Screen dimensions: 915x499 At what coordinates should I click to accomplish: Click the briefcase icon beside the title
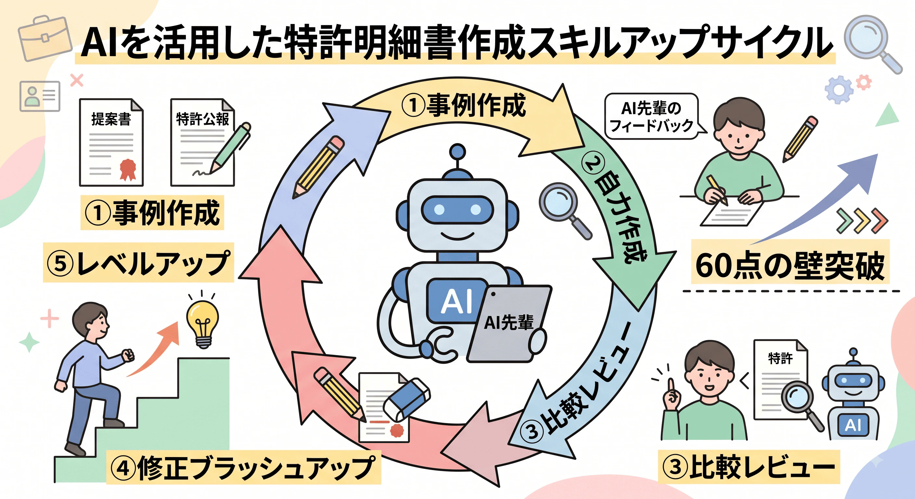pyautogui.click(x=45, y=38)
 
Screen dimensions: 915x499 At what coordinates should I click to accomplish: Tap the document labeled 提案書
pyautogui.click(x=111, y=142)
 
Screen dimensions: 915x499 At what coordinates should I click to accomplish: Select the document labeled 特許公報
pyautogui.click(x=202, y=142)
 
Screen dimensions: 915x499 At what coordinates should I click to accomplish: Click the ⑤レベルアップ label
pyautogui.click(x=138, y=263)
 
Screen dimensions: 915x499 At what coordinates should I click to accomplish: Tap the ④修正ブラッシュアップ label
pyautogui.click(x=244, y=467)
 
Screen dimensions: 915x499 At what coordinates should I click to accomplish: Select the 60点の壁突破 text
pyautogui.click(x=790, y=265)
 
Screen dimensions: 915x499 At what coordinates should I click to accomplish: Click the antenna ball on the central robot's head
pyautogui.click(x=457, y=152)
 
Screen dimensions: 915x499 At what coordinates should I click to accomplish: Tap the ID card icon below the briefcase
pyautogui.click(x=40, y=96)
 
